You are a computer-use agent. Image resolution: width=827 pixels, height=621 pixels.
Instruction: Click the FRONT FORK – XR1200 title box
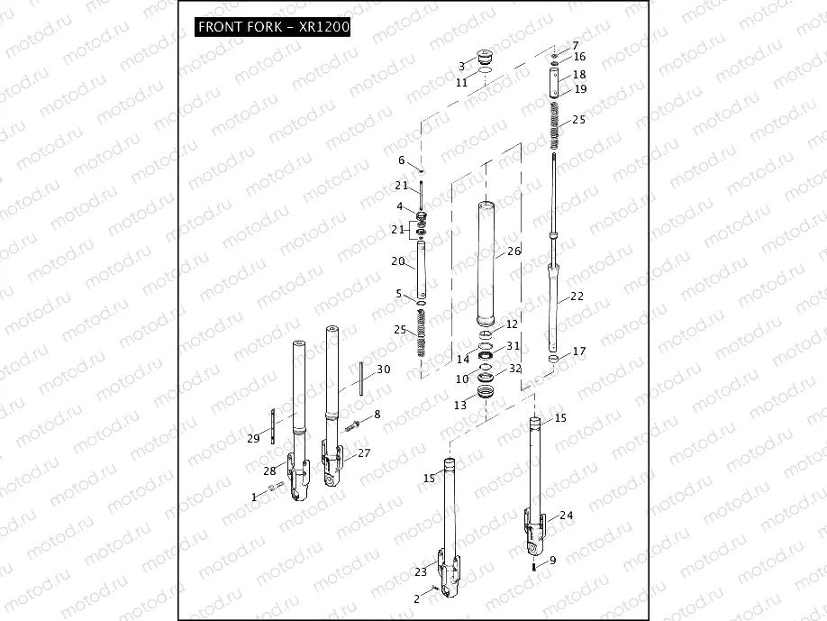[x=273, y=27]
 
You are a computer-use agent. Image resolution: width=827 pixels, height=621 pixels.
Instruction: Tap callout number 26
[x=513, y=251]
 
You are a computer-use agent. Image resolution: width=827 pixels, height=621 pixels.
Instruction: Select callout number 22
[x=577, y=297]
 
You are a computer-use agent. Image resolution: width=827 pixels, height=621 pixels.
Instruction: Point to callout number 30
[x=383, y=370]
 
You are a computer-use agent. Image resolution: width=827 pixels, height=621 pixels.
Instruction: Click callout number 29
[x=253, y=438]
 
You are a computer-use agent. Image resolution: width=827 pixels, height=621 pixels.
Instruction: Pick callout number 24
[x=566, y=516]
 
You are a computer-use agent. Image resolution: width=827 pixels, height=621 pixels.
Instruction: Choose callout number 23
[x=420, y=572]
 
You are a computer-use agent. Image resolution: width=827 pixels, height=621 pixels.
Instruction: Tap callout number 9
[x=552, y=561]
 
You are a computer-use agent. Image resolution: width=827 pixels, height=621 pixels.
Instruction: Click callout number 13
[x=460, y=406]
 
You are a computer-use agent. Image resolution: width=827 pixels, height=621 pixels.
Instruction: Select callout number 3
[x=461, y=66]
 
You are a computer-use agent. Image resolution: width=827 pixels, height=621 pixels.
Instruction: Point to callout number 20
[x=398, y=261]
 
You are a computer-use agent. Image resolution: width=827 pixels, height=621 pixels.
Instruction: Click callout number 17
[x=578, y=352]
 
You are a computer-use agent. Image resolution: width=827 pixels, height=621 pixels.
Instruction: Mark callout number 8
[x=377, y=414]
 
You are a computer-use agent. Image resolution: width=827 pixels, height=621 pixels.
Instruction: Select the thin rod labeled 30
[x=360, y=377]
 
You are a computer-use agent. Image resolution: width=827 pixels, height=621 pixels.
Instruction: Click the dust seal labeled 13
[x=486, y=393]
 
